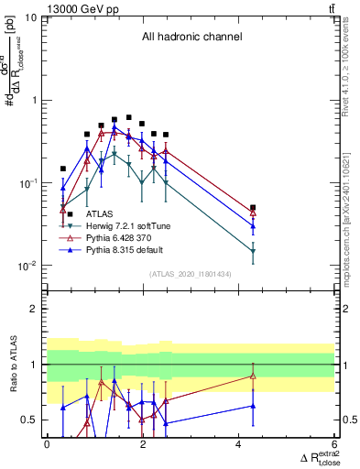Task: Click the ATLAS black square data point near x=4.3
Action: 253,208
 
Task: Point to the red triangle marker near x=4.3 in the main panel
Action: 253,213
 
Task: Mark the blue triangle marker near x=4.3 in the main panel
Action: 253,225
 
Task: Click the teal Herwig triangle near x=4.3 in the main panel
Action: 253,250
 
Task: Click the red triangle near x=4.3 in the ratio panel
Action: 253,376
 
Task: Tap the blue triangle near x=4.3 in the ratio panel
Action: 253,405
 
